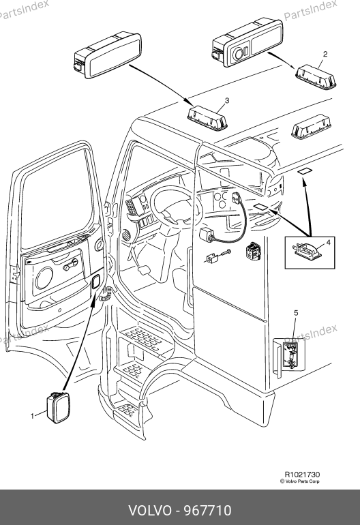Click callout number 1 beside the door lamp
coord(33,416)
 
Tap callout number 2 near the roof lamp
coord(325,54)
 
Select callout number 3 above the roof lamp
coord(227,100)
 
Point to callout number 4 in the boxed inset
coord(328,242)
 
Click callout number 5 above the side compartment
coord(296,313)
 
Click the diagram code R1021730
coord(302,475)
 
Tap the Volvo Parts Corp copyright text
coord(300,481)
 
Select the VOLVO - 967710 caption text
coord(180,511)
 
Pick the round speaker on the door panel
coord(44,277)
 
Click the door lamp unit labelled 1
coord(58,407)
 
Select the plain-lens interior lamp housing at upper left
coord(108,55)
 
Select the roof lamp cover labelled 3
coord(207,117)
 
